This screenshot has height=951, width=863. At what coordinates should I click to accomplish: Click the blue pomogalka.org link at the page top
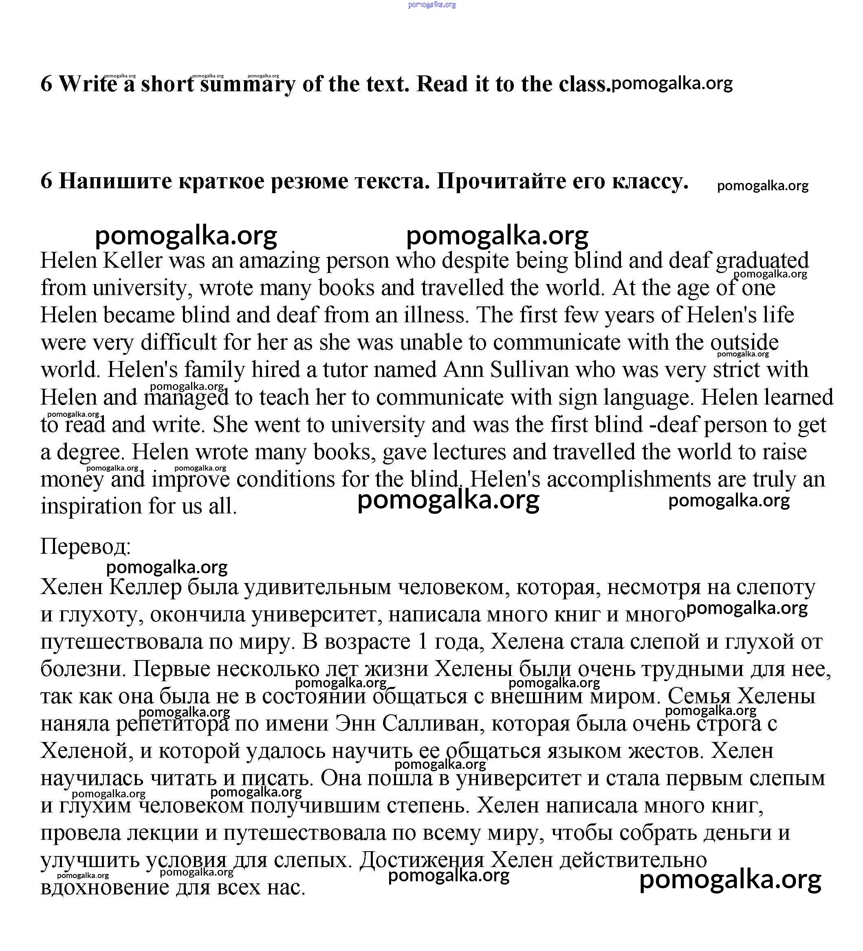[431, 5]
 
